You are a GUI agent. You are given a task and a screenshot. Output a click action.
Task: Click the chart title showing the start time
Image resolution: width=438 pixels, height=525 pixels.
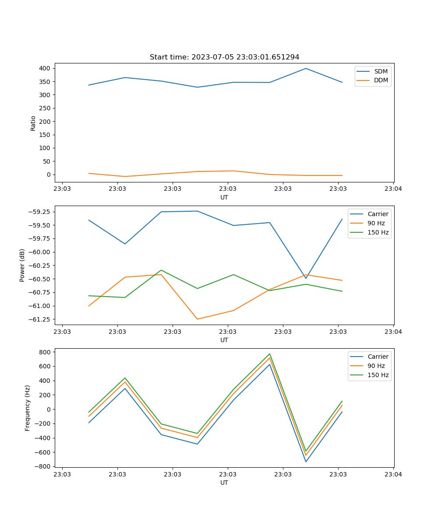pos(224,57)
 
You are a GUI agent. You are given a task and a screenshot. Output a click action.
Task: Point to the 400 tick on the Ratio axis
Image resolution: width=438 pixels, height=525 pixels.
pos(44,68)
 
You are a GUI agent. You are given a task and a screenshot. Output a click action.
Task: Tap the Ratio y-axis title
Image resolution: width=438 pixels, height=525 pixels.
pos(33,123)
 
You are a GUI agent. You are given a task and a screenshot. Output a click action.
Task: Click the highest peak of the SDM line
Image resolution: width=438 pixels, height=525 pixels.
pos(306,68)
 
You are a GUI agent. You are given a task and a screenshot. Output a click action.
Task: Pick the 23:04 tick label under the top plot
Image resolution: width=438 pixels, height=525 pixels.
pos(393,189)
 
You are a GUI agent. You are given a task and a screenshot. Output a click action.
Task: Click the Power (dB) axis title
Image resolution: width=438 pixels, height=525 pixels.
pos(22,265)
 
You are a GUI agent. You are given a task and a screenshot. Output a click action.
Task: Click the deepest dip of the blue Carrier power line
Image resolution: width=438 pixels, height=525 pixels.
pos(306,278)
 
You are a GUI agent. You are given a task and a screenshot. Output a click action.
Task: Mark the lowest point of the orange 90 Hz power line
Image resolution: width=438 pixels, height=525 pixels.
pos(197,319)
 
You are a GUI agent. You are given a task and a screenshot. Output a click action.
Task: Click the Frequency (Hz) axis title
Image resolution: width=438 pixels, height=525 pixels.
pos(28,408)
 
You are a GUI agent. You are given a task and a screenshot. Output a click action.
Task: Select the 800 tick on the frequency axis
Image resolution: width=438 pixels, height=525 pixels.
pos(45,352)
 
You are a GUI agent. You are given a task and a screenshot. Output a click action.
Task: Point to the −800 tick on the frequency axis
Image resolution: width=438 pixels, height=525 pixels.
pos(43,466)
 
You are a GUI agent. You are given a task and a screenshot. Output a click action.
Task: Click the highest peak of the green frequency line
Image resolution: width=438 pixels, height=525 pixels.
pos(270,354)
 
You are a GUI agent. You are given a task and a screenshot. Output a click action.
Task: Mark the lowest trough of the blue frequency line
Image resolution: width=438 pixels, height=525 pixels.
pos(306,462)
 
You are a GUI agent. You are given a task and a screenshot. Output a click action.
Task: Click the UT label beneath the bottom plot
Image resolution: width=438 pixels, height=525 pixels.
pos(224,483)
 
